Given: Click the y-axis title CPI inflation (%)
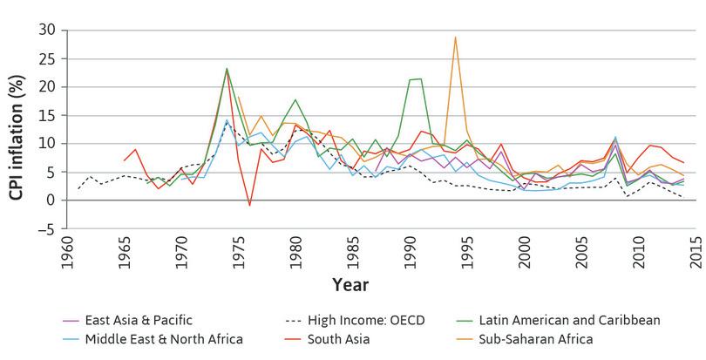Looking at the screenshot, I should click(x=16, y=128).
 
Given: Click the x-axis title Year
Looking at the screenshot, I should click(x=350, y=285).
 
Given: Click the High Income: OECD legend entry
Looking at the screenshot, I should click(x=358, y=320).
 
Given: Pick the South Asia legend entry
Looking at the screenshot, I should click(x=338, y=339).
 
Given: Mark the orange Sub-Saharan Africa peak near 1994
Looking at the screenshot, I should click(x=455, y=37).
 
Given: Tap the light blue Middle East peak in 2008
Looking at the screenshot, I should click(x=615, y=137).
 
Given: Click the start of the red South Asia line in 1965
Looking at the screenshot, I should click(x=124, y=160).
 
